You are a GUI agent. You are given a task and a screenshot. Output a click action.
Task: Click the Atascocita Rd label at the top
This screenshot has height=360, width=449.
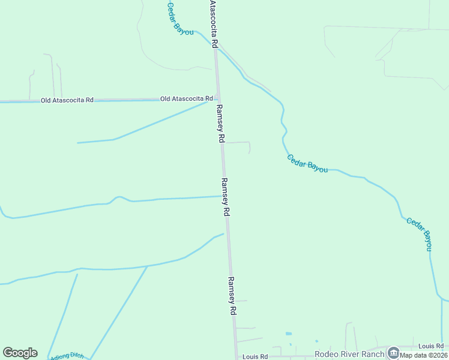[x=212, y=20]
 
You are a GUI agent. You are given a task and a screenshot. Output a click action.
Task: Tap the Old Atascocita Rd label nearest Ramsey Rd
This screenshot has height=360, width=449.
[x=187, y=98]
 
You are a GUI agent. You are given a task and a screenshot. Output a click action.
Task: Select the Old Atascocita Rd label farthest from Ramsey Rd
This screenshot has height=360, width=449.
[x=67, y=100]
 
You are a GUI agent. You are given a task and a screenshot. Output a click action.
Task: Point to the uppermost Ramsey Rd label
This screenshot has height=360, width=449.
[x=220, y=123]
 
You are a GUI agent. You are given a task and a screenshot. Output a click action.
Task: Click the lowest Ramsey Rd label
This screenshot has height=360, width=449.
[x=232, y=296]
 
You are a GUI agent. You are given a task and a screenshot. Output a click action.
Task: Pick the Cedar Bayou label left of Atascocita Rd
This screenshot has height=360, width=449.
[x=179, y=19]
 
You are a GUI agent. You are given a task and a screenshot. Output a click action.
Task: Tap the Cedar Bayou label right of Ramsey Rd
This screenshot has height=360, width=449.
[x=307, y=164]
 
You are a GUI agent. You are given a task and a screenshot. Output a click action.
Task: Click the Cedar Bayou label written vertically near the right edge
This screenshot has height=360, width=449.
[x=420, y=233]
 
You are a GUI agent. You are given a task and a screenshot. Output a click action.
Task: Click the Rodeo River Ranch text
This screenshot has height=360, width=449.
[x=349, y=354]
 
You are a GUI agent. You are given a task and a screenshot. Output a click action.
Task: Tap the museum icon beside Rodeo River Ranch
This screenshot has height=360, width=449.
[x=393, y=352]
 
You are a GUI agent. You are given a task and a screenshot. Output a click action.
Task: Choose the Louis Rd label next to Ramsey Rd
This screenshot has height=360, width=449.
[x=256, y=356]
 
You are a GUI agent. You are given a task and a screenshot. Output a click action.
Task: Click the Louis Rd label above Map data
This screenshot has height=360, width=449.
[x=430, y=346]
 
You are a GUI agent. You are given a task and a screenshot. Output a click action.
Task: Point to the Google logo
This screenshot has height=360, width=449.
[x=20, y=353]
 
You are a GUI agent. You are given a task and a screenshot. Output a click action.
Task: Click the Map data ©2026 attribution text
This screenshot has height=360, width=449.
[x=424, y=355]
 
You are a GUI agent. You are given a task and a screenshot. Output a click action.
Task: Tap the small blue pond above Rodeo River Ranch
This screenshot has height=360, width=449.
[x=289, y=334]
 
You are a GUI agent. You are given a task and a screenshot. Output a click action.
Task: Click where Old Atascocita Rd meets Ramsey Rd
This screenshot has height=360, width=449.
[x=218, y=99]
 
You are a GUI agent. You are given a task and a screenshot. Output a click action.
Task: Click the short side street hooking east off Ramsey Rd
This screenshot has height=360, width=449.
[x=238, y=143]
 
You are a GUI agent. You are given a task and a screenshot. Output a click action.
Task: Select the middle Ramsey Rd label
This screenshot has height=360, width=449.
[x=226, y=197]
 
